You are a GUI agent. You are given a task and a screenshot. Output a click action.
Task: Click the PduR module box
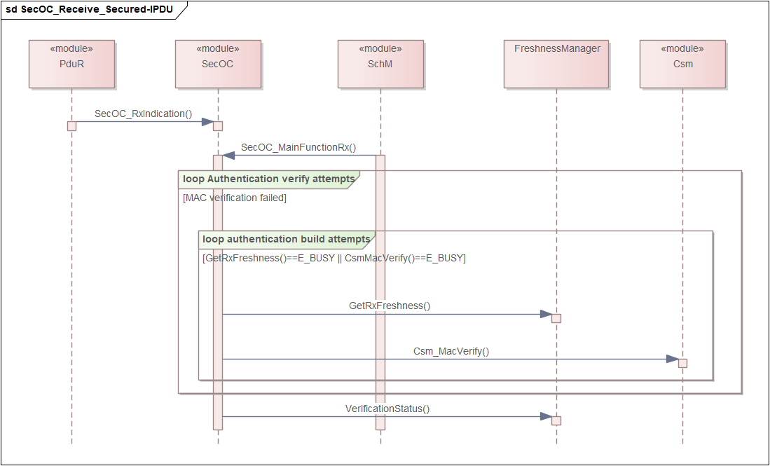(x=71, y=64)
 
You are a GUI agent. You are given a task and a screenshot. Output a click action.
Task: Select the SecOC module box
(x=218, y=64)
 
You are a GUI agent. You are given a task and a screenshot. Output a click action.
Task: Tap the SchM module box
(x=380, y=64)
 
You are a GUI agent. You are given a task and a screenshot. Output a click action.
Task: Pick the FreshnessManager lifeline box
(x=556, y=64)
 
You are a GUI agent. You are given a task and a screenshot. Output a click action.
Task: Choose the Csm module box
(x=682, y=64)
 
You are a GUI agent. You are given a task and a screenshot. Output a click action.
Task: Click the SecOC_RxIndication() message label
(x=144, y=114)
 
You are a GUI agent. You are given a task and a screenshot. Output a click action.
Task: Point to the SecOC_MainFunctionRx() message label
(x=298, y=147)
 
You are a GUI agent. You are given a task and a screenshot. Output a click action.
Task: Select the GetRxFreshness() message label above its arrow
(x=390, y=306)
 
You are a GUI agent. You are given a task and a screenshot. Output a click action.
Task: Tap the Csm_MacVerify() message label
(x=451, y=351)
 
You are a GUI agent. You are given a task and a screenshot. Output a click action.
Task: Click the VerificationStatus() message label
(x=387, y=409)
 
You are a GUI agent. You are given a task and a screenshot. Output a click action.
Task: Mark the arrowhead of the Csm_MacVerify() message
(x=673, y=359)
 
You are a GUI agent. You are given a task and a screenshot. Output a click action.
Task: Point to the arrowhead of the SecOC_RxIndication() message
(x=208, y=122)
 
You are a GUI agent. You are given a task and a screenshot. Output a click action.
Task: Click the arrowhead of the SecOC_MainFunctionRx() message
(x=229, y=155)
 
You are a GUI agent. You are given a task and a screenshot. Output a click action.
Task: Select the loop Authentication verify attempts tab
(x=268, y=179)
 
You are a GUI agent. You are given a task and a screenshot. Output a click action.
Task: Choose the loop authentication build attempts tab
(x=287, y=239)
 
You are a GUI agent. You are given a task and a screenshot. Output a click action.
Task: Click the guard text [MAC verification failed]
(x=234, y=198)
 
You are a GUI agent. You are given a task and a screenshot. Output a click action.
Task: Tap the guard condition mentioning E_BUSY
(x=334, y=258)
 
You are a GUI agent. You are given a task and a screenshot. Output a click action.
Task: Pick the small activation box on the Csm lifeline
(x=682, y=364)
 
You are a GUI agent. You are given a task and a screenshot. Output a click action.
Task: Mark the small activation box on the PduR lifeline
(x=71, y=126)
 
